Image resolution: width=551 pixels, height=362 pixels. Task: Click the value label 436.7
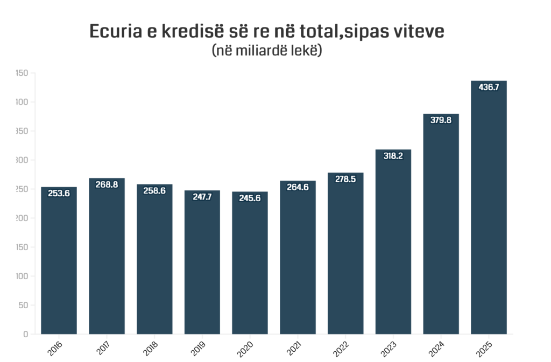(489, 87)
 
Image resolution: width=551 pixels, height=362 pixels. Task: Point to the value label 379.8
(441, 120)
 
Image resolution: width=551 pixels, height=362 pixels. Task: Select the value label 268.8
(107, 184)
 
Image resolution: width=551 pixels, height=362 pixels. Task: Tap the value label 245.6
(250, 198)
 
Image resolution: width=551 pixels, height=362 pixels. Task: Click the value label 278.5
(345, 179)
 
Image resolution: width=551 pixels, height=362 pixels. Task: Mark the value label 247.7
(202, 197)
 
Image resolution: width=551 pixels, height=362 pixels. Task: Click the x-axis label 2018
(151, 348)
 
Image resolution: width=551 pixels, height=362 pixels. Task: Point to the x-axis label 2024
(437, 348)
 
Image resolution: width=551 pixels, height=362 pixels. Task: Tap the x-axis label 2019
(199, 348)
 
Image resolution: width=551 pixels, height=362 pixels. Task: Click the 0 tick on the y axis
(25, 334)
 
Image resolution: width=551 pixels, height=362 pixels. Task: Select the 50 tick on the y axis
(23, 305)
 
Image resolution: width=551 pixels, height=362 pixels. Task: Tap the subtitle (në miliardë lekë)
(266, 51)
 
